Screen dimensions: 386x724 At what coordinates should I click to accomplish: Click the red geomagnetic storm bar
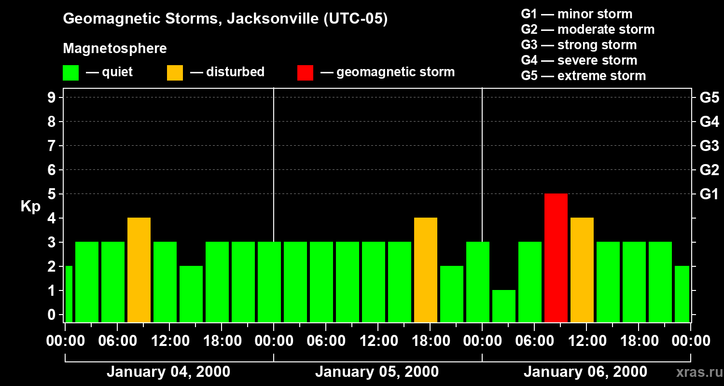556,258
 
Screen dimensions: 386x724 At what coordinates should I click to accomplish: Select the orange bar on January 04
139,270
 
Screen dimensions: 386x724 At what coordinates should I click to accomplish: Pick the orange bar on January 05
426,270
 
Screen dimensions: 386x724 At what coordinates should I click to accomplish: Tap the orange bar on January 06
582,270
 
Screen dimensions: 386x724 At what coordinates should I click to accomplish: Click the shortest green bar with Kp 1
504,306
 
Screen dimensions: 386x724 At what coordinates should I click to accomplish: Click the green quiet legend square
71,73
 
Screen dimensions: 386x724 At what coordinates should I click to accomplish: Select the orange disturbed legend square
175,73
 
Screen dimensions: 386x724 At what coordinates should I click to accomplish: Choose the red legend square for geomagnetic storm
305,73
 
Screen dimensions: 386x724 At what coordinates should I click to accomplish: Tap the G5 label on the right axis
709,97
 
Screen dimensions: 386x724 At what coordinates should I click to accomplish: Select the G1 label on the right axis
709,194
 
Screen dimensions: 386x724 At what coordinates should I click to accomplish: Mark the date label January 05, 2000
377,372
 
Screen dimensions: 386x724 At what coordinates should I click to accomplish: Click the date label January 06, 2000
585,372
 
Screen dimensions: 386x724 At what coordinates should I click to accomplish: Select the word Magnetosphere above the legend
115,48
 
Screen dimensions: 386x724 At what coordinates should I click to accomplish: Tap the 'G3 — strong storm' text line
579,45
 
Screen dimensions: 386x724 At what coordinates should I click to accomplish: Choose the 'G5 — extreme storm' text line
583,76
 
